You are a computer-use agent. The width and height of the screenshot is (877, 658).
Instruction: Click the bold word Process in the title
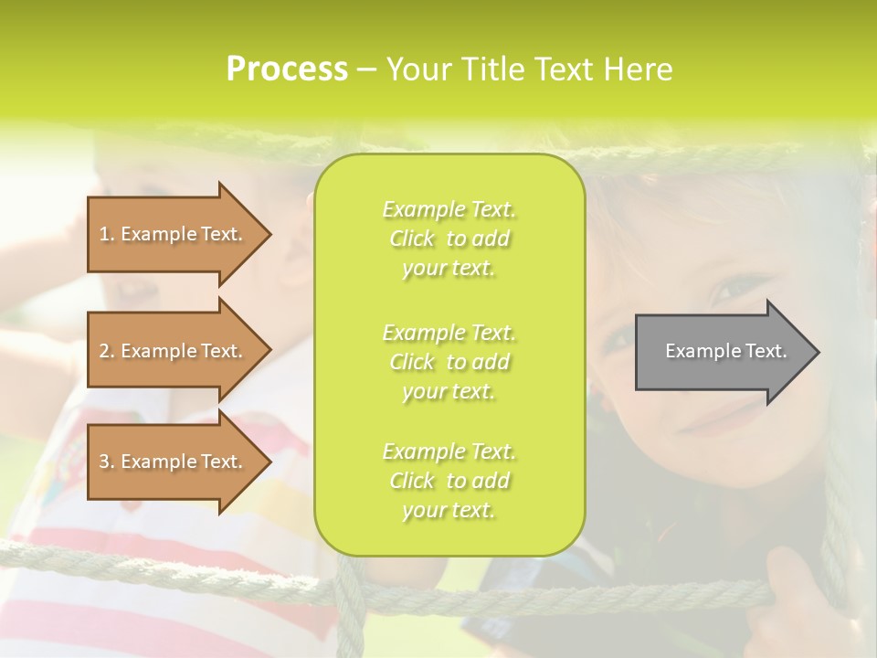click(x=287, y=69)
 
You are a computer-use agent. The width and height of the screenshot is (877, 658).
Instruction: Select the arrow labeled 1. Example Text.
click(x=174, y=234)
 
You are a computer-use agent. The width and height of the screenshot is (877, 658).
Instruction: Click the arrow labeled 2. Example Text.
click(x=174, y=351)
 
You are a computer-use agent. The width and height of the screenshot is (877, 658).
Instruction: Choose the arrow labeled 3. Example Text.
click(x=174, y=462)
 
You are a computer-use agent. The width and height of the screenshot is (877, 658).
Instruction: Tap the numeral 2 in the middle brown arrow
click(x=104, y=351)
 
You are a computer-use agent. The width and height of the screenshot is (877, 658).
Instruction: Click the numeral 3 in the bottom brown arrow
click(x=104, y=462)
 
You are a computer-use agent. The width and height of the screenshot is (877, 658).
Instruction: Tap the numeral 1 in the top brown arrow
click(x=104, y=234)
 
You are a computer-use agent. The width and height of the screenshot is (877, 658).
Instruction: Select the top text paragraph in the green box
click(x=449, y=239)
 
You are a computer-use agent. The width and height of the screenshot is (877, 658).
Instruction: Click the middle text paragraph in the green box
click(x=449, y=362)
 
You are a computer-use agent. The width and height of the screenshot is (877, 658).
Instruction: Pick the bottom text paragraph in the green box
click(x=449, y=481)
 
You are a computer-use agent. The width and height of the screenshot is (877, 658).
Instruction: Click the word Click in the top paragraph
click(x=412, y=239)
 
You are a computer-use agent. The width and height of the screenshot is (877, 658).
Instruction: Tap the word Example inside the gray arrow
click(x=698, y=351)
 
